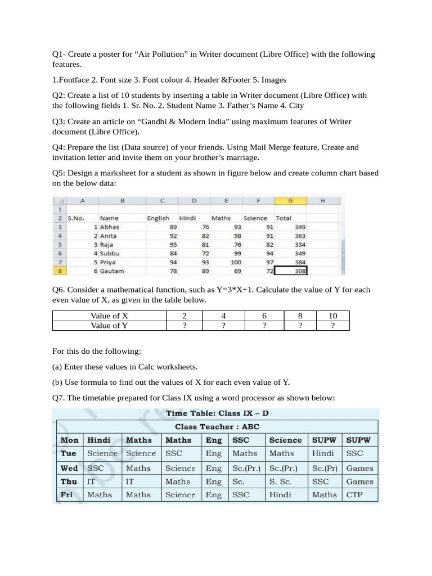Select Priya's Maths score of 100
pos(235,262)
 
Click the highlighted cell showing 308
pos(292,271)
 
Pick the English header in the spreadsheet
pos(158,218)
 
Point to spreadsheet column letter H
pos(322,201)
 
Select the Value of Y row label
pos(109,326)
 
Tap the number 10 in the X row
pos(332,316)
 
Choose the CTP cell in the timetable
pos(354,495)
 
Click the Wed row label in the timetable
pos(69,468)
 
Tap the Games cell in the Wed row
pos(359,468)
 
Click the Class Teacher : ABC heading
pos(217,427)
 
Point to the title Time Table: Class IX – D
pos(217,413)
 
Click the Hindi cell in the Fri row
pos(280,495)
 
